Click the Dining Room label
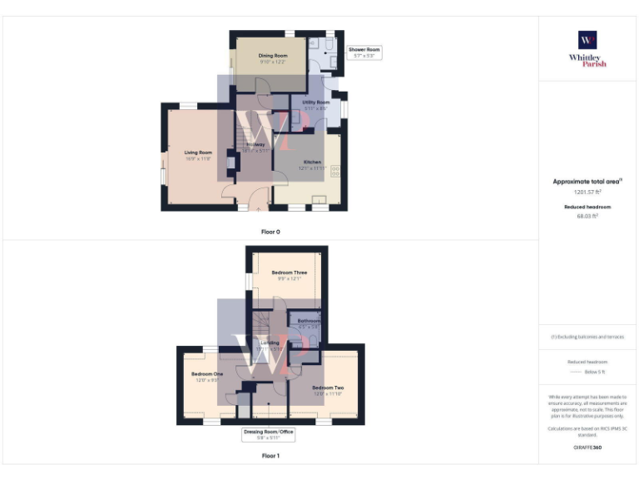point(272,56)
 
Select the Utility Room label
point(315,102)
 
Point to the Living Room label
point(198,152)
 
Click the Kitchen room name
point(312,162)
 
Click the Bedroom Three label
point(289,272)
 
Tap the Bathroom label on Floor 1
point(309,321)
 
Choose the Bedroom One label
point(207,374)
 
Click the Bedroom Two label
point(327,387)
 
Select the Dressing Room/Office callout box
point(268,434)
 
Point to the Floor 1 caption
point(270,456)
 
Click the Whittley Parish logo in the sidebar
point(587,48)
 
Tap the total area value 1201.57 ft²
point(587,192)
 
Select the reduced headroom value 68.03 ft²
point(587,216)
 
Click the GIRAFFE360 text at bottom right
point(587,447)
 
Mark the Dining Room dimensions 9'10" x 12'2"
point(272,62)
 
